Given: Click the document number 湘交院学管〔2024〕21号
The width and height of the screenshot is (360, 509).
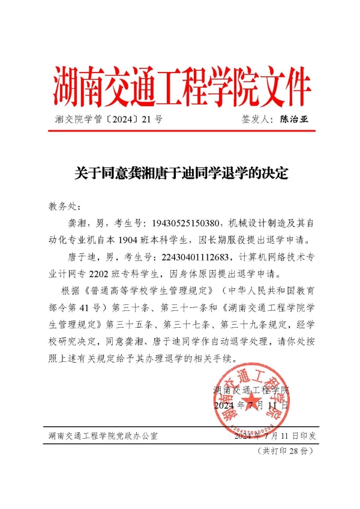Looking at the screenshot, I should tap(108, 119).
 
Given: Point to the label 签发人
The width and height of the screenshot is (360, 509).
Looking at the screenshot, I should tap(256, 119).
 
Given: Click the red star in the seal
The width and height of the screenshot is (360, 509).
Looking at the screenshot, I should tap(253, 401).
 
